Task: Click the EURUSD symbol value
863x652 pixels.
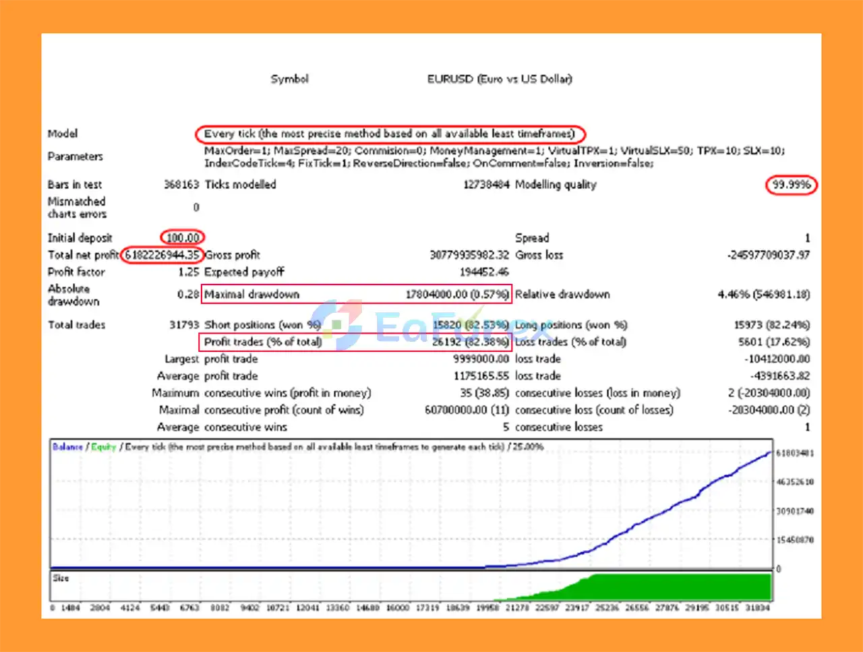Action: click(499, 79)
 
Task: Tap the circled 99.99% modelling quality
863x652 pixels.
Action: click(791, 185)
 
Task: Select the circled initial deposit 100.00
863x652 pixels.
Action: click(183, 237)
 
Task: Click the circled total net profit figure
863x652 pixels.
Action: click(162, 255)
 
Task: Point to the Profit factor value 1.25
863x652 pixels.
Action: click(188, 272)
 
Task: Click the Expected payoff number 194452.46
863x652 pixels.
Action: click(483, 272)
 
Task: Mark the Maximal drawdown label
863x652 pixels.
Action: click(251, 294)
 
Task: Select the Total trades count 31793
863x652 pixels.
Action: click(184, 324)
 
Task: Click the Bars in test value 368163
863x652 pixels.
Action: click(181, 184)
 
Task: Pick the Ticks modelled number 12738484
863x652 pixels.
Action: click(485, 184)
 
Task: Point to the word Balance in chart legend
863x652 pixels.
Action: click(67, 446)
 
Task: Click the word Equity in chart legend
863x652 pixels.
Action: click(104, 446)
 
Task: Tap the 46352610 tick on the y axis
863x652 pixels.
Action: click(795, 482)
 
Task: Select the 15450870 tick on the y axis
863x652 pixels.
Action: click(795, 540)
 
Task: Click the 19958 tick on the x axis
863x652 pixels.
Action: click(487, 607)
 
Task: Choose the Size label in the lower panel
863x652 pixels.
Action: click(61, 578)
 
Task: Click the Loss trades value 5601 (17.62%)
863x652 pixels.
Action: click(773, 342)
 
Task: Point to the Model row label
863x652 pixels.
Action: click(63, 134)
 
